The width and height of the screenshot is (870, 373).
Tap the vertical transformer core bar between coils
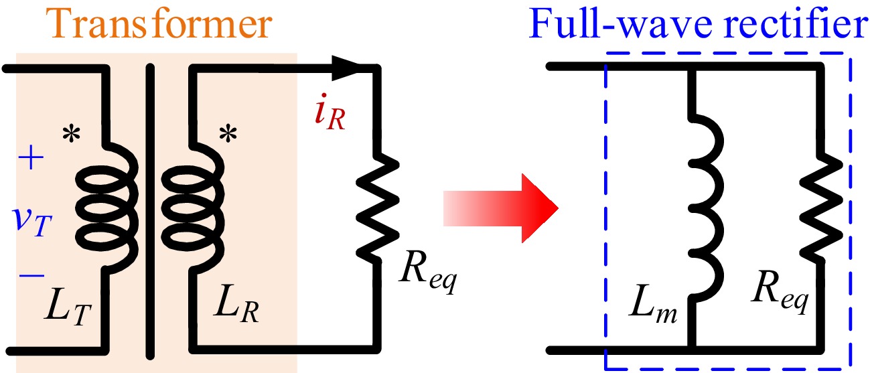coord(149,208)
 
